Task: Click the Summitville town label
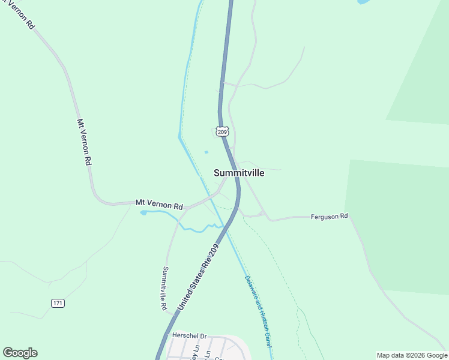(239, 173)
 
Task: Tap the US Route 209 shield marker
(221, 131)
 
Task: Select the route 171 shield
(58, 303)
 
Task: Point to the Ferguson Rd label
(329, 216)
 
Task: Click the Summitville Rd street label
(164, 288)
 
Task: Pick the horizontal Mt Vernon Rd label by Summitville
(159, 204)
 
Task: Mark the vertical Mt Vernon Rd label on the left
(84, 142)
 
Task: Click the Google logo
(20, 353)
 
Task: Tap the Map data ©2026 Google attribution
(412, 355)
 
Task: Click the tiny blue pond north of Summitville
(206, 152)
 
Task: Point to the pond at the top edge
(364, 2)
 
